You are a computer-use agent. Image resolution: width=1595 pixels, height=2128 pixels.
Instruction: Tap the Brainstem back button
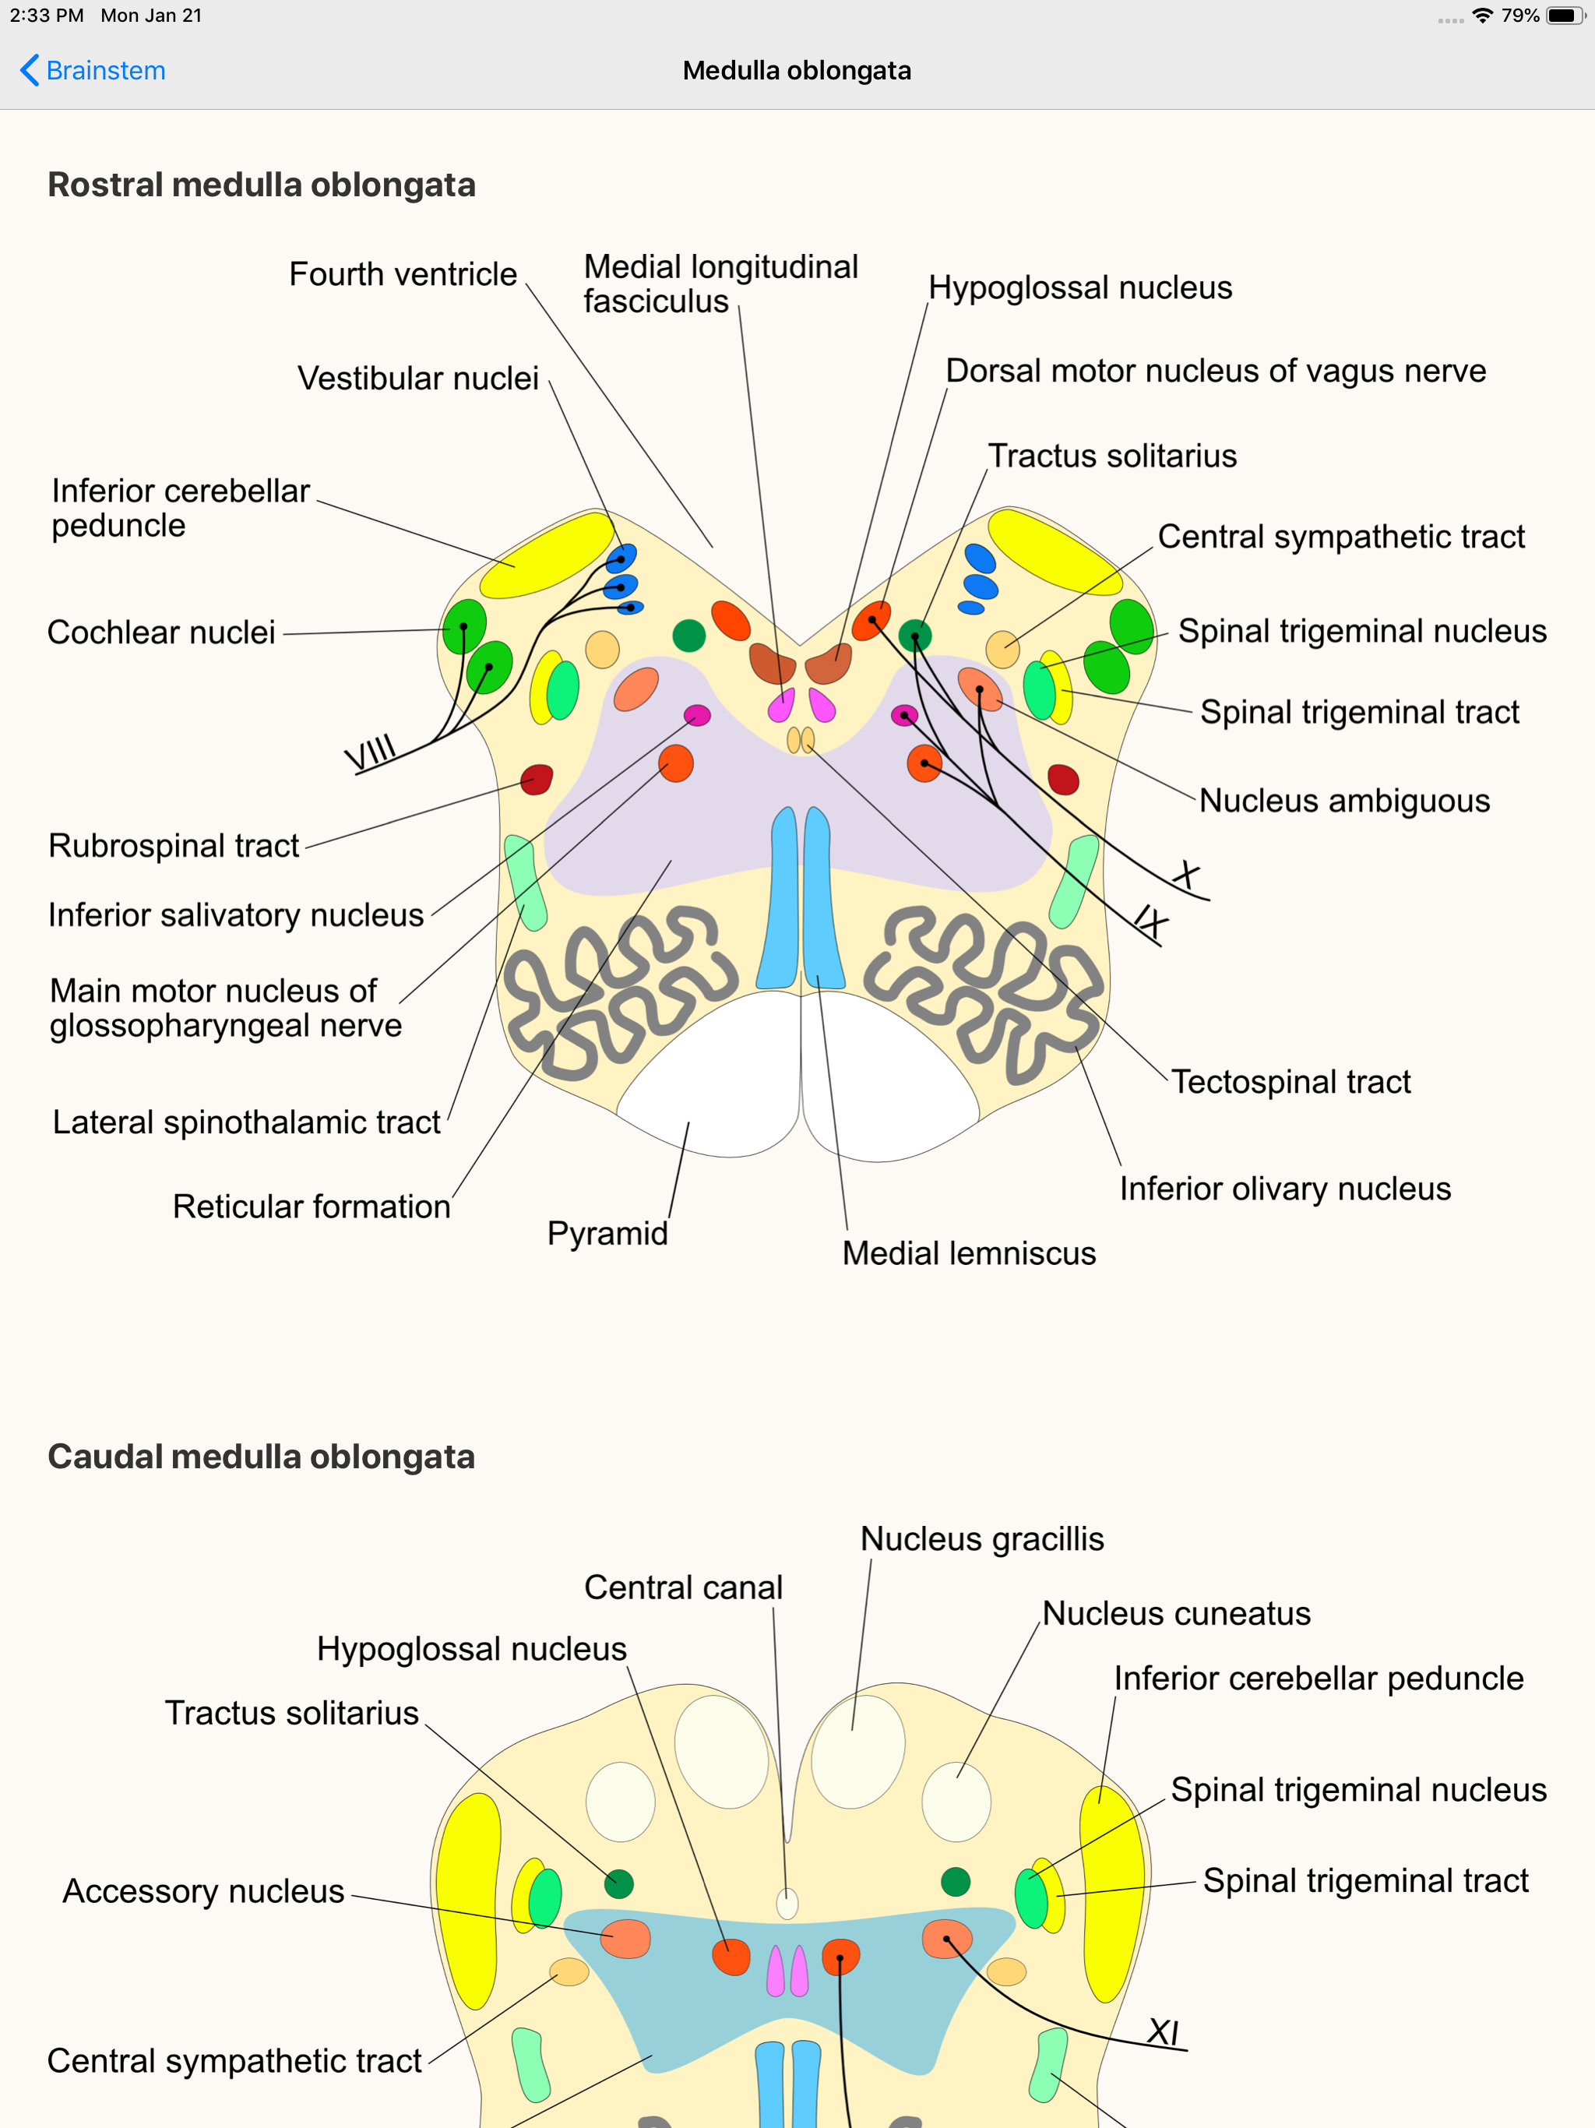pyautogui.click(x=93, y=70)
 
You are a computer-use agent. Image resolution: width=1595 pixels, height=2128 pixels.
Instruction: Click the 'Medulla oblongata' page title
pyautogui.click(x=797, y=70)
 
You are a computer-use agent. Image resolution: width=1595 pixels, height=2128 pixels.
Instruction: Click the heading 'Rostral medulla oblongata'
pyautogui.click(x=262, y=185)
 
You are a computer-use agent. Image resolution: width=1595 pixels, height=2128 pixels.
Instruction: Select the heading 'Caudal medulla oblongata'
pyautogui.click(x=261, y=1457)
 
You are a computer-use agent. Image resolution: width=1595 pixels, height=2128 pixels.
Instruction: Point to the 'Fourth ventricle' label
pyautogui.click(x=403, y=274)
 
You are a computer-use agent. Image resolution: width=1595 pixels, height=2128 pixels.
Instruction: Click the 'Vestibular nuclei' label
pyautogui.click(x=417, y=378)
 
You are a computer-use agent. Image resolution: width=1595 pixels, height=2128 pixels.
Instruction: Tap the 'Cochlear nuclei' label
pyautogui.click(x=162, y=632)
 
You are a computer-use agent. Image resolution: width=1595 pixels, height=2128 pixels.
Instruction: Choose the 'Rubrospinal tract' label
pyautogui.click(x=174, y=846)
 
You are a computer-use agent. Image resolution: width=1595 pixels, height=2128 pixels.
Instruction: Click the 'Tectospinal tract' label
pyautogui.click(x=1290, y=1081)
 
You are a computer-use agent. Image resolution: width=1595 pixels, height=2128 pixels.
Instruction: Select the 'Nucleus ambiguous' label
pyautogui.click(x=1344, y=801)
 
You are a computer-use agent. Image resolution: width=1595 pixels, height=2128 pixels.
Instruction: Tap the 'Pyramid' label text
pyautogui.click(x=607, y=1233)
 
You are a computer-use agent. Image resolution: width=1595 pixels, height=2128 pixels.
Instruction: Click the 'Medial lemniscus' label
pyautogui.click(x=969, y=1253)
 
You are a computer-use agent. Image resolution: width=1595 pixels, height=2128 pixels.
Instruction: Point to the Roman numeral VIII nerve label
pyautogui.click(x=371, y=752)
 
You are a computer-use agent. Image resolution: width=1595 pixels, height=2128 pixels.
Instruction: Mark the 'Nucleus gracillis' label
pyautogui.click(x=981, y=1539)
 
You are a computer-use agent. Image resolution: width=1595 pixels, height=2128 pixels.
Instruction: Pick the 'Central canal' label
pyautogui.click(x=683, y=1587)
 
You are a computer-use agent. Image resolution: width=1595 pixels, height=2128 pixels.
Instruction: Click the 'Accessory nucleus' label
pyautogui.click(x=203, y=1891)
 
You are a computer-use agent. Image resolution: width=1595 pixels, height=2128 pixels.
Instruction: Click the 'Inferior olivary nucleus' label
pyautogui.click(x=1284, y=1189)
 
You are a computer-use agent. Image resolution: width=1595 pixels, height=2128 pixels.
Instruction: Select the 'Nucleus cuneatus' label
pyautogui.click(x=1175, y=1613)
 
